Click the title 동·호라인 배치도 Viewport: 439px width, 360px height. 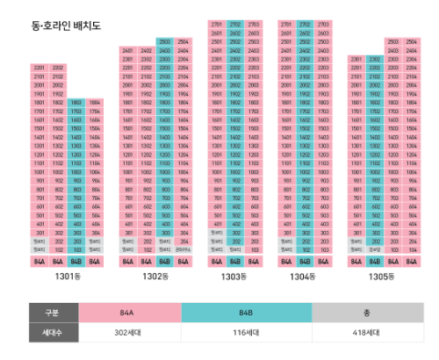[x=66, y=26]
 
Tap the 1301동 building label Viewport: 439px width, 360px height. [x=67, y=278]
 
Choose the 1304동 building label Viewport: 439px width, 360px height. [x=305, y=278]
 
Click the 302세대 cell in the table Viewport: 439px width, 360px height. [x=129, y=333]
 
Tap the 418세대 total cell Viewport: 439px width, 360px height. [x=367, y=333]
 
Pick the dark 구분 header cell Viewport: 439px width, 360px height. [x=54, y=313]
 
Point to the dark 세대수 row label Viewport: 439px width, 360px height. [x=54, y=333]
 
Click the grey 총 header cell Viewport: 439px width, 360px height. [x=367, y=313]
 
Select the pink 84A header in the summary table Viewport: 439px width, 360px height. [x=129, y=313]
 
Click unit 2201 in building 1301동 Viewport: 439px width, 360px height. [x=40, y=68]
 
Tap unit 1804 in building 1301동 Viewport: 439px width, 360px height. [x=95, y=103]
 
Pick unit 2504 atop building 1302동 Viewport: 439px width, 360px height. [x=183, y=41]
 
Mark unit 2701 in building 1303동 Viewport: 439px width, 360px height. [x=216, y=24]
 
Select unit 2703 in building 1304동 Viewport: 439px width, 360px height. [x=324, y=24]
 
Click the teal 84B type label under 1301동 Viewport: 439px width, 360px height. [x=76, y=262]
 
